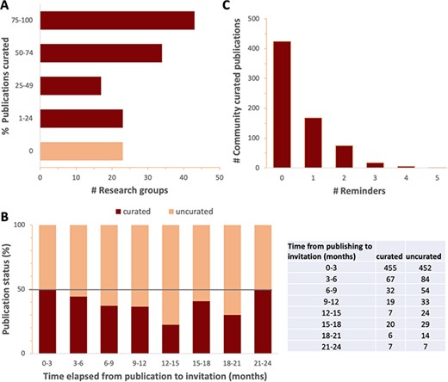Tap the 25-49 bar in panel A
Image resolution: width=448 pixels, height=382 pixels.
(x=71, y=86)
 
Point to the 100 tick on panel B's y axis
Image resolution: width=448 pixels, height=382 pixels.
(x=32, y=225)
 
